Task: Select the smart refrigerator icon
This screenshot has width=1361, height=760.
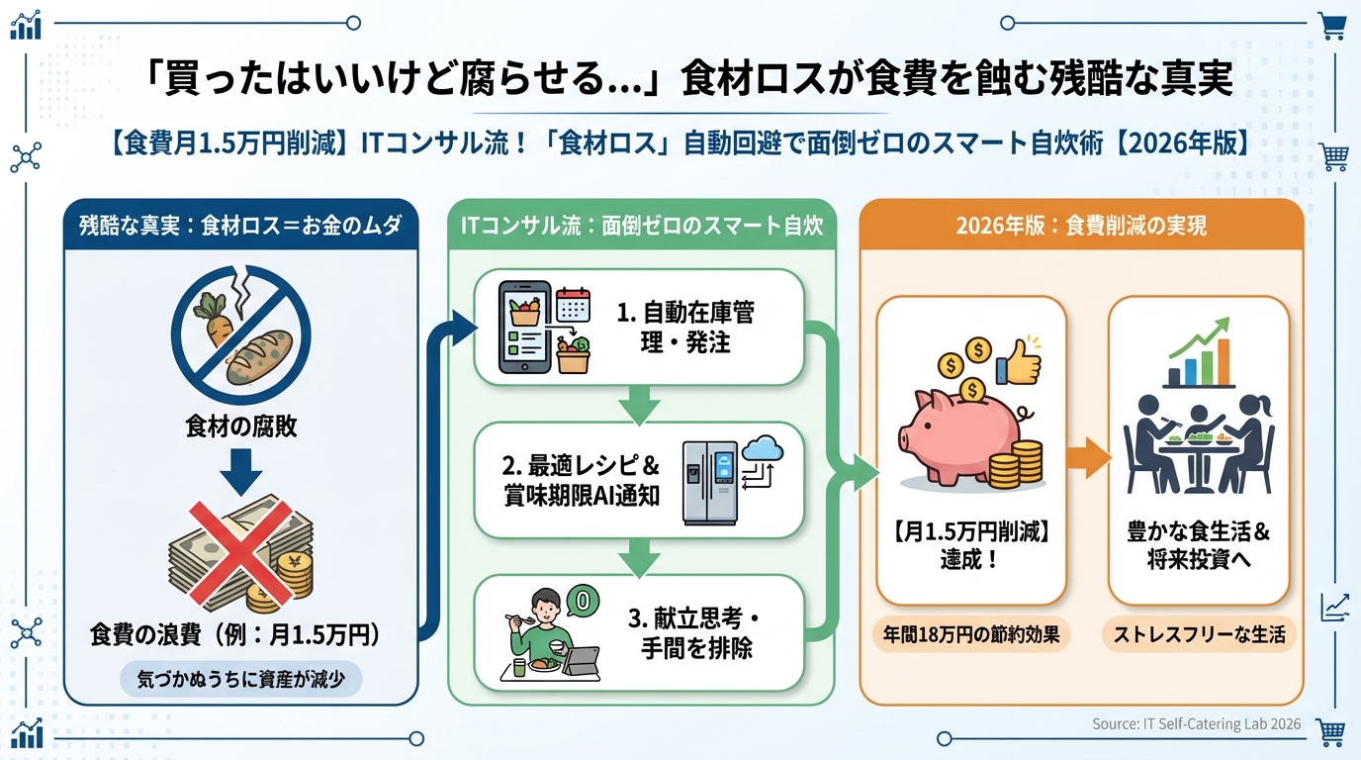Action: pyautogui.click(x=709, y=482)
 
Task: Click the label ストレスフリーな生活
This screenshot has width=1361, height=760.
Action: pyautogui.click(x=1199, y=634)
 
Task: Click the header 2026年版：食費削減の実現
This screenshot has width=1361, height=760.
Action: pyautogui.click(x=1080, y=226)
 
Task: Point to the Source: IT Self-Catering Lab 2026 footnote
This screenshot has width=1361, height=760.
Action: pyautogui.click(x=1196, y=724)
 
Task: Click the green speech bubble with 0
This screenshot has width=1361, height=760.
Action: pyautogui.click(x=583, y=600)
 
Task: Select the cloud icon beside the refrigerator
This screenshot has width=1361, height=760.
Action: pyautogui.click(x=763, y=450)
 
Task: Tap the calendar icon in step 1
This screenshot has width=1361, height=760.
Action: pyautogui.click(x=573, y=303)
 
